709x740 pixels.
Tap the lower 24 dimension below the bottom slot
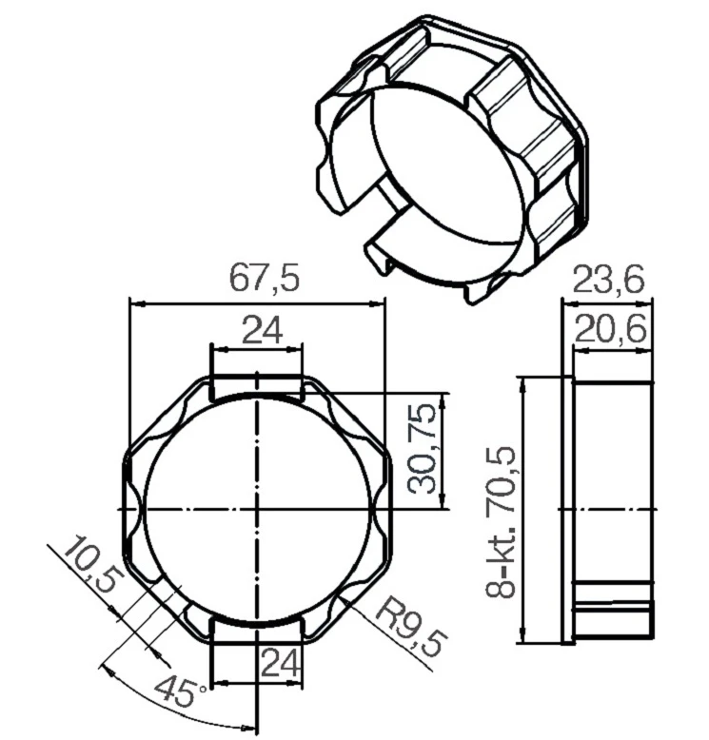point(282,663)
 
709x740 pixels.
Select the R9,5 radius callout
point(409,628)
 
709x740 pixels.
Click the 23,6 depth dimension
point(608,280)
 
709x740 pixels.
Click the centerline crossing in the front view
point(257,509)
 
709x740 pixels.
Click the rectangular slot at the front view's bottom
point(257,629)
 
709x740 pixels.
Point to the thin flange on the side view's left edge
point(568,509)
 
